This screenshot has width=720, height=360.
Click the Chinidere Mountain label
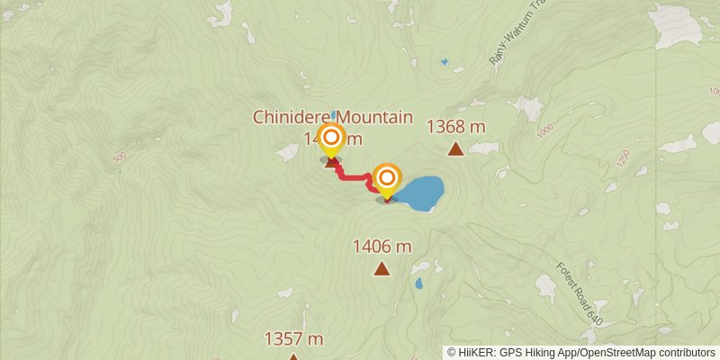click(332, 117)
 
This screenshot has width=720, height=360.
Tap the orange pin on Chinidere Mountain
click(332, 139)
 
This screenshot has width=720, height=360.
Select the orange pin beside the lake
click(387, 177)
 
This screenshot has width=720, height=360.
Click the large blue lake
click(419, 193)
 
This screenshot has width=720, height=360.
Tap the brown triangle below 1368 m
click(455, 148)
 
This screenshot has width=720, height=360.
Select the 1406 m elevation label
click(382, 246)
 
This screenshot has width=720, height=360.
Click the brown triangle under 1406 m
click(382, 267)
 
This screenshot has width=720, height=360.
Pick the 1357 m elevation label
click(293, 338)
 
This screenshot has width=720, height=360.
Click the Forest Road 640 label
click(579, 292)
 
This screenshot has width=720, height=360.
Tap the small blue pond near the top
click(444, 62)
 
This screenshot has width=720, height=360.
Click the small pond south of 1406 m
click(418, 283)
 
